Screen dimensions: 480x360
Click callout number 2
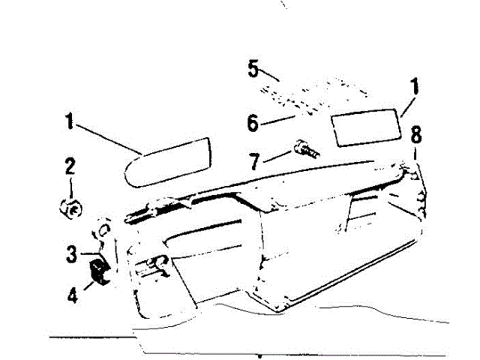[x=69, y=166]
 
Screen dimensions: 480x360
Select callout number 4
[x=73, y=294]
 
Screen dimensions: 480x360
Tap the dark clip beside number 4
[x=99, y=271]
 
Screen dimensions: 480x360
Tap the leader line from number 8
[x=415, y=156]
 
